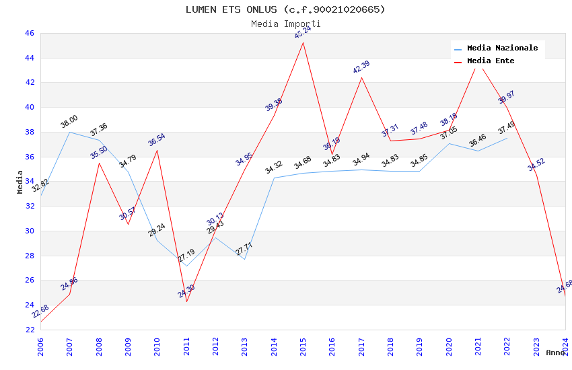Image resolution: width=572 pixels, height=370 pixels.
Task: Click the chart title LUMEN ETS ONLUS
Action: point(285,9)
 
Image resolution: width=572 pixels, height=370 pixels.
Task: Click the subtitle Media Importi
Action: point(285,24)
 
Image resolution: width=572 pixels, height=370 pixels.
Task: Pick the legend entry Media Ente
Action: point(490,61)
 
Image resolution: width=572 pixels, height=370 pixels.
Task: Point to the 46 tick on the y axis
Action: point(30,33)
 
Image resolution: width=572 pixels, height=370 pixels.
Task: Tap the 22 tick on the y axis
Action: point(30,330)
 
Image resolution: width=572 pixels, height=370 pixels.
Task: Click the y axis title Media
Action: point(20,182)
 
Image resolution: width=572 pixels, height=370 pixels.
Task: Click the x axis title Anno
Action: point(555,353)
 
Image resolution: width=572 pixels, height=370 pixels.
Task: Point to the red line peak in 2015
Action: point(303,43)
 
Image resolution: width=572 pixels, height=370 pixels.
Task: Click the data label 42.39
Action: point(361,67)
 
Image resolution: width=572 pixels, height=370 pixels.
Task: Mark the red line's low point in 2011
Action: point(186,301)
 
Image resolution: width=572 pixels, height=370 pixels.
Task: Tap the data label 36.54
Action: point(157,140)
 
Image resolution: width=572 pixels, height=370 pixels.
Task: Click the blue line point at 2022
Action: point(507,138)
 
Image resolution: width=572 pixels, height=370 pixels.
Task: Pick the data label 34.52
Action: point(536,165)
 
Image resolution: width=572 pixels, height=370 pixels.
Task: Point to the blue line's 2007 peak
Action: point(69,132)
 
